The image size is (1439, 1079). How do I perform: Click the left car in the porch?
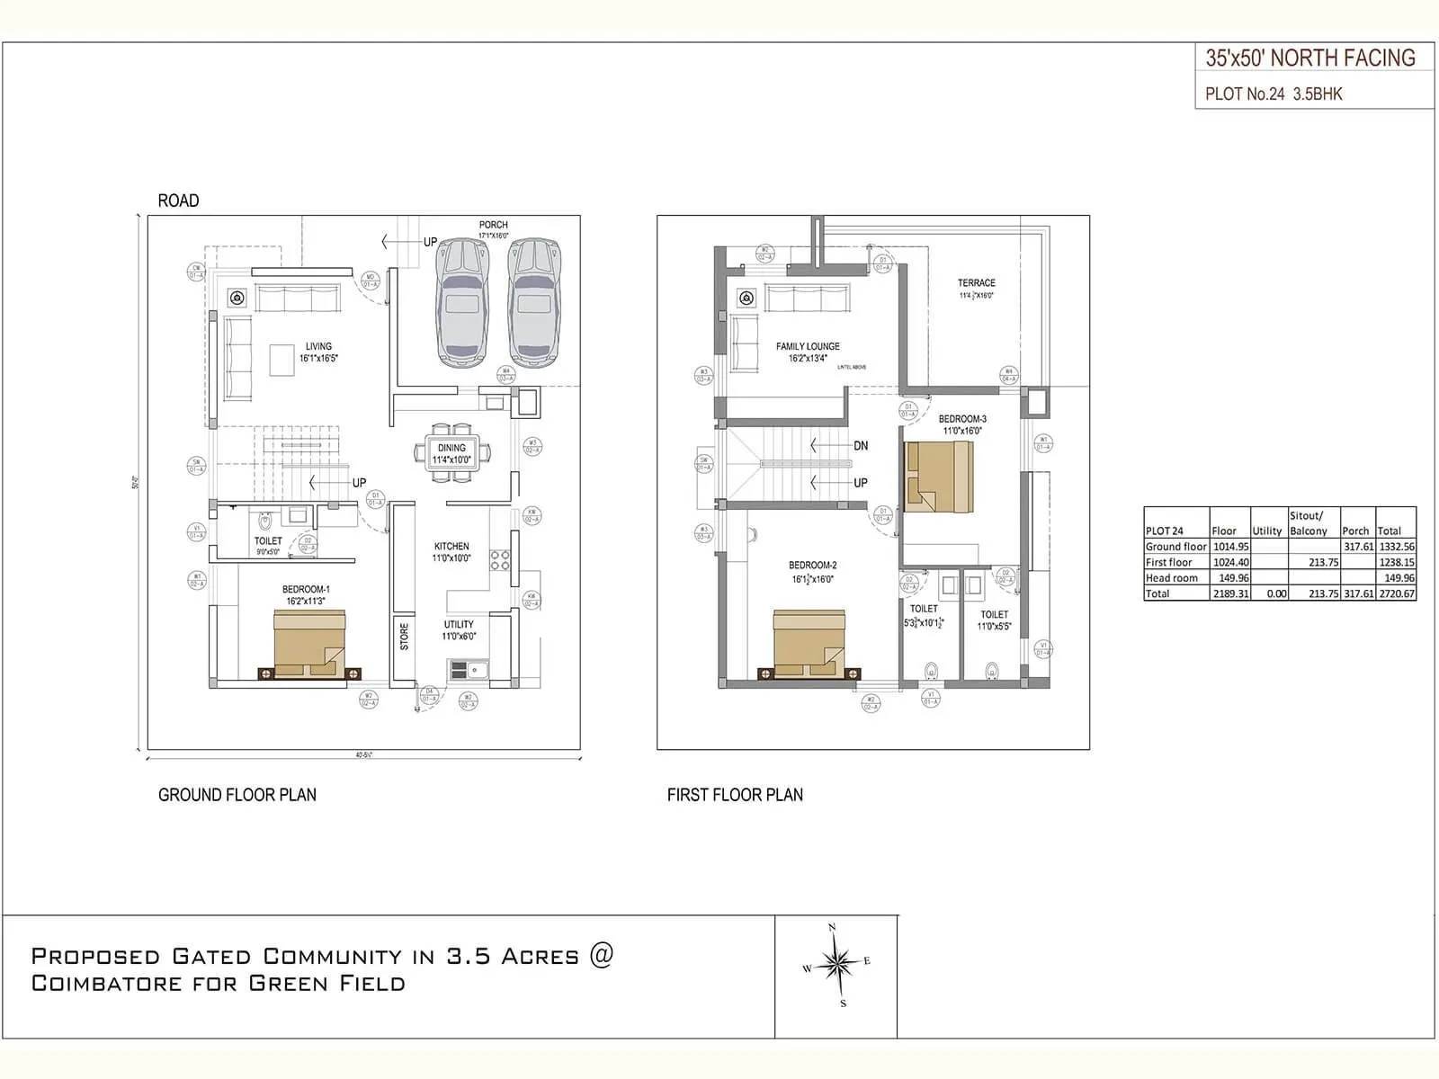click(463, 303)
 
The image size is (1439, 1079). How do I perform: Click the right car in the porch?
click(534, 303)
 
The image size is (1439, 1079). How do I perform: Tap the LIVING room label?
click(318, 346)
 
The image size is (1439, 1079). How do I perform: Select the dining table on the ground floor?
click(451, 453)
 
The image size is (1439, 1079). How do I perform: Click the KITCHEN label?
click(451, 546)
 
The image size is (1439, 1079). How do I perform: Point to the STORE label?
click(404, 636)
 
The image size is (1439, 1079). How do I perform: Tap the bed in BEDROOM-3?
click(938, 476)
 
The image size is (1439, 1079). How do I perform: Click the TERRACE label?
click(976, 282)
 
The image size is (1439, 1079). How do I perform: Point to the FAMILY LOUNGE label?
click(808, 346)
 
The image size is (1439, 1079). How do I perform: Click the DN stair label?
click(861, 446)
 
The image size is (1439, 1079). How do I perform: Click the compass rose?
click(836, 965)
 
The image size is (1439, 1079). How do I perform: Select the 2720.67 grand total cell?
click(1396, 593)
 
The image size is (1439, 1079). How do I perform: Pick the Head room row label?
click(1172, 578)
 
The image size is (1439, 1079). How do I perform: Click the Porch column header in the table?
click(1355, 531)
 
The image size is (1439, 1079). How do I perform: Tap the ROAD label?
click(178, 201)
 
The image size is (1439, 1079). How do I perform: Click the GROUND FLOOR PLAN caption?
click(237, 795)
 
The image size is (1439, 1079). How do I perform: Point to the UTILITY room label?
click(458, 624)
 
